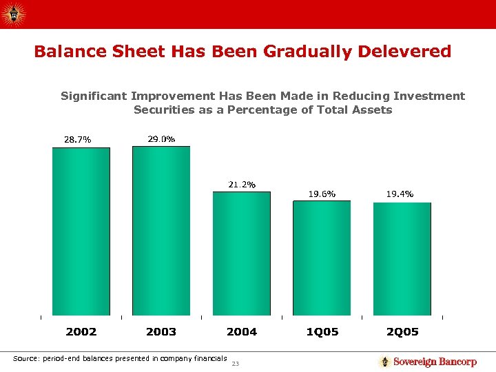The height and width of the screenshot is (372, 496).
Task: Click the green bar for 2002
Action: click(81, 231)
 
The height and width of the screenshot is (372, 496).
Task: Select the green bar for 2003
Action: click(161, 231)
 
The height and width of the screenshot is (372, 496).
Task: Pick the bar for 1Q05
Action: click(322, 258)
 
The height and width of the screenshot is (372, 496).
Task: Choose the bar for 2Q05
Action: click(402, 259)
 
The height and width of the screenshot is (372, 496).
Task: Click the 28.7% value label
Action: click(77, 140)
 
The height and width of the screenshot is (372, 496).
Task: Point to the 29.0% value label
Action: click(162, 139)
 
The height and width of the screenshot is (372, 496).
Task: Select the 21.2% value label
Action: click(242, 185)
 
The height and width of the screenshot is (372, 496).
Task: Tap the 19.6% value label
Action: click(322, 194)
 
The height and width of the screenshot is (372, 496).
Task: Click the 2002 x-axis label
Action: click(81, 332)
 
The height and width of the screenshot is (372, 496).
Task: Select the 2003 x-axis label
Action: click(161, 332)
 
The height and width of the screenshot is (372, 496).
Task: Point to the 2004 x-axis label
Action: click(242, 332)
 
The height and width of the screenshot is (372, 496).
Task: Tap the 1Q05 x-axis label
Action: click(322, 332)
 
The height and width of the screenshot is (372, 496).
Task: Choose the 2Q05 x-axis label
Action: click(402, 332)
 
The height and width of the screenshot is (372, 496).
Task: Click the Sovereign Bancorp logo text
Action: click(435, 362)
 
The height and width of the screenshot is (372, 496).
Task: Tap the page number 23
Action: click(236, 364)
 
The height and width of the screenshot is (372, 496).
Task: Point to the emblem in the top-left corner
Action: click(12, 13)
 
